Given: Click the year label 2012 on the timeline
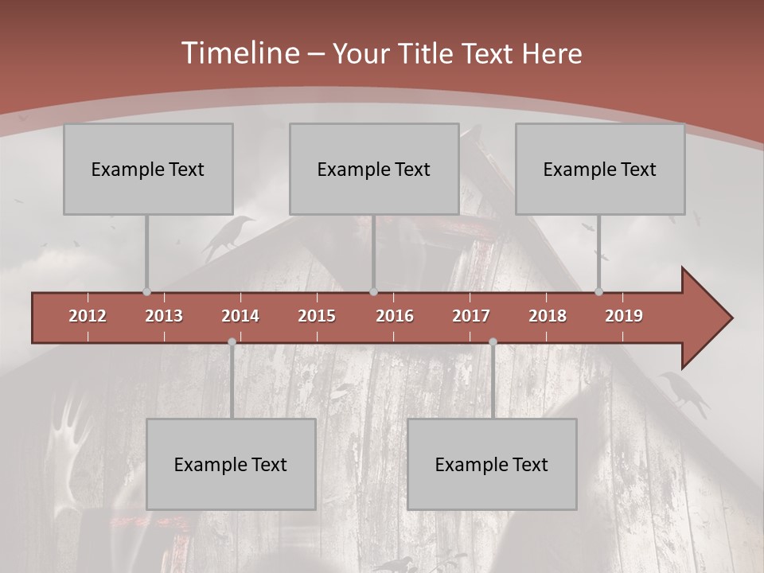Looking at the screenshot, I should (88, 316).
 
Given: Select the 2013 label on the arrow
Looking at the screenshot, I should (164, 316).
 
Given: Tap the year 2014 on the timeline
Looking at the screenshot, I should (240, 316).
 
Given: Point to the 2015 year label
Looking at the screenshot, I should (317, 316).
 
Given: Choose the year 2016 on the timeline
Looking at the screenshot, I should (395, 316).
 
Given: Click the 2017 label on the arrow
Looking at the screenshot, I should (471, 316).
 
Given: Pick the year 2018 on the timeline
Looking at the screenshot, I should (548, 316).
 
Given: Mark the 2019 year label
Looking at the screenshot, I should (624, 316).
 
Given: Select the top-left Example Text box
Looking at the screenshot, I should (148, 169).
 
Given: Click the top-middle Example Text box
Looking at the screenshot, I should (374, 169).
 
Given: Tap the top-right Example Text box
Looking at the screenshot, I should (600, 169).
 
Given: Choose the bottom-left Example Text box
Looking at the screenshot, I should (231, 464).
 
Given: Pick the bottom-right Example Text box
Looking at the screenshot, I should (492, 464).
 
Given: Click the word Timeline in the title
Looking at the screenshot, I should (239, 53).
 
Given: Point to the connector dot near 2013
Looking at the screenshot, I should (146, 292).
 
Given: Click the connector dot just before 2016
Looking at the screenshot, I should (373, 292).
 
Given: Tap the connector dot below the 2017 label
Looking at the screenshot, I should (493, 341).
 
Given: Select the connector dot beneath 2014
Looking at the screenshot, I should (232, 341).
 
